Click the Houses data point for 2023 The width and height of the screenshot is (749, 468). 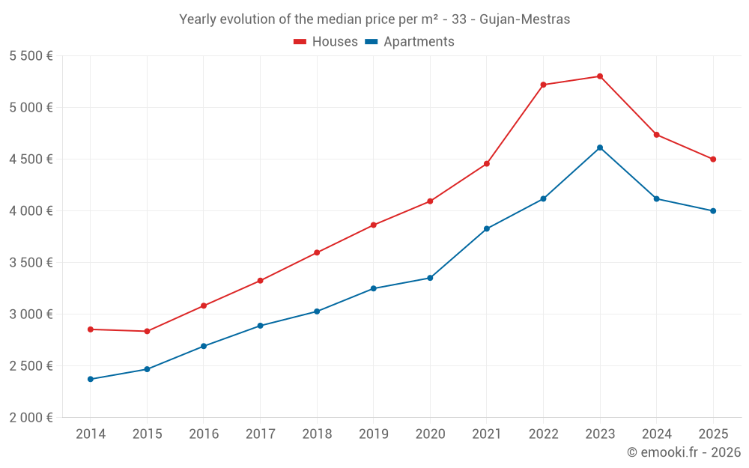600,76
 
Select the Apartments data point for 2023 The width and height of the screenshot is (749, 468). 600,148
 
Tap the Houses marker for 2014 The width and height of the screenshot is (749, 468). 91,329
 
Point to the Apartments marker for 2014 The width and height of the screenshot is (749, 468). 91,379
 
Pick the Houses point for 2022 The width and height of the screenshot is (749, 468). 543,85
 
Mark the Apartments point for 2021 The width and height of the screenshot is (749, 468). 487,228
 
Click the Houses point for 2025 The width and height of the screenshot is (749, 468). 713,159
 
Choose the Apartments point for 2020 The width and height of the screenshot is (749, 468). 430,278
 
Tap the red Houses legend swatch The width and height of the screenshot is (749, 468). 300,42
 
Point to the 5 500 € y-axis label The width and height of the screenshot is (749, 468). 31,56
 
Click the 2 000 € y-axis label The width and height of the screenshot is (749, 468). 31,418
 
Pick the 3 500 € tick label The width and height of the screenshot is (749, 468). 31,263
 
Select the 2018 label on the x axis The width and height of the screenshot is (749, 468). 317,434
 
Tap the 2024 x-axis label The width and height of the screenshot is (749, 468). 657,434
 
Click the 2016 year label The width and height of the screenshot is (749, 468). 204,434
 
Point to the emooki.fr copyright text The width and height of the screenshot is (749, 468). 684,452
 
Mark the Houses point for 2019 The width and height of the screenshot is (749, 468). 374,225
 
